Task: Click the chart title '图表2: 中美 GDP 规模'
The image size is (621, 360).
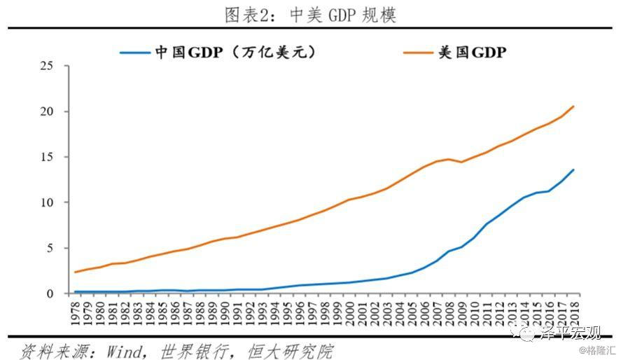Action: click(x=310, y=15)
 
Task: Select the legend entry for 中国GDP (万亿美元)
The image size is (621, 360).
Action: click(x=218, y=53)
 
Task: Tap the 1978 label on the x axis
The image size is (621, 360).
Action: click(x=76, y=314)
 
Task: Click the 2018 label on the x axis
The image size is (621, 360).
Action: click(x=573, y=314)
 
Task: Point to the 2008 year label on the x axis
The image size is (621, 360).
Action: click(x=449, y=314)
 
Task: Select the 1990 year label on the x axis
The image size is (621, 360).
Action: click(x=225, y=314)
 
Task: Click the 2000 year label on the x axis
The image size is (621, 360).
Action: click(x=349, y=314)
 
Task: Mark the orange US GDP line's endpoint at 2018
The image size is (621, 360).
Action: click(x=573, y=106)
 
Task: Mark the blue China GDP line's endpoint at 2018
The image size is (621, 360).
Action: click(x=573, y=169)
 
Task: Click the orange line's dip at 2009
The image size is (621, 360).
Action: click(x=461, y=162)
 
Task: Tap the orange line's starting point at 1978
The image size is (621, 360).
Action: click(x=76, y=272)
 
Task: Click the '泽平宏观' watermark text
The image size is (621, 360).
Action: click(x=568, y=331)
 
